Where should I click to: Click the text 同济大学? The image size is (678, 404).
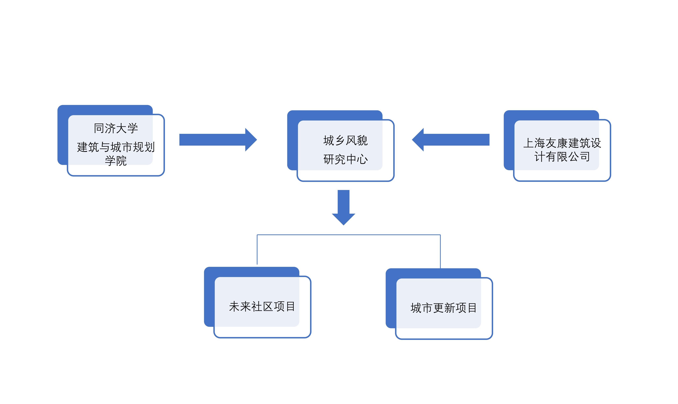[x=116, y=128]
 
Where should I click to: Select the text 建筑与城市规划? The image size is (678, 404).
[x=116, y=147]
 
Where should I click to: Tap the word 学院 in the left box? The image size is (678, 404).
[x=116, y=161]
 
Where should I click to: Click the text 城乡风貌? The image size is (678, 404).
[x=345, y=141]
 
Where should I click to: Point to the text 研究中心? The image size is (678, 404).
[x=345, y=159]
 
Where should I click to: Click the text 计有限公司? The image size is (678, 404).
[x=562, y=156]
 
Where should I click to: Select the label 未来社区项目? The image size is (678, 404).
[x=262, y=307]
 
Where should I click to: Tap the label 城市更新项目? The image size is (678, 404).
[x=444, y=308]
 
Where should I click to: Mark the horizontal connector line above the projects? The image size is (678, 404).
[x=348, y=235]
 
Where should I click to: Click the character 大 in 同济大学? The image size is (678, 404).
[x=121, y=128]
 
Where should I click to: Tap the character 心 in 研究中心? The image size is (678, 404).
[x=362, y=159]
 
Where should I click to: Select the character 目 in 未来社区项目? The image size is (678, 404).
[x=290, y=307]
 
